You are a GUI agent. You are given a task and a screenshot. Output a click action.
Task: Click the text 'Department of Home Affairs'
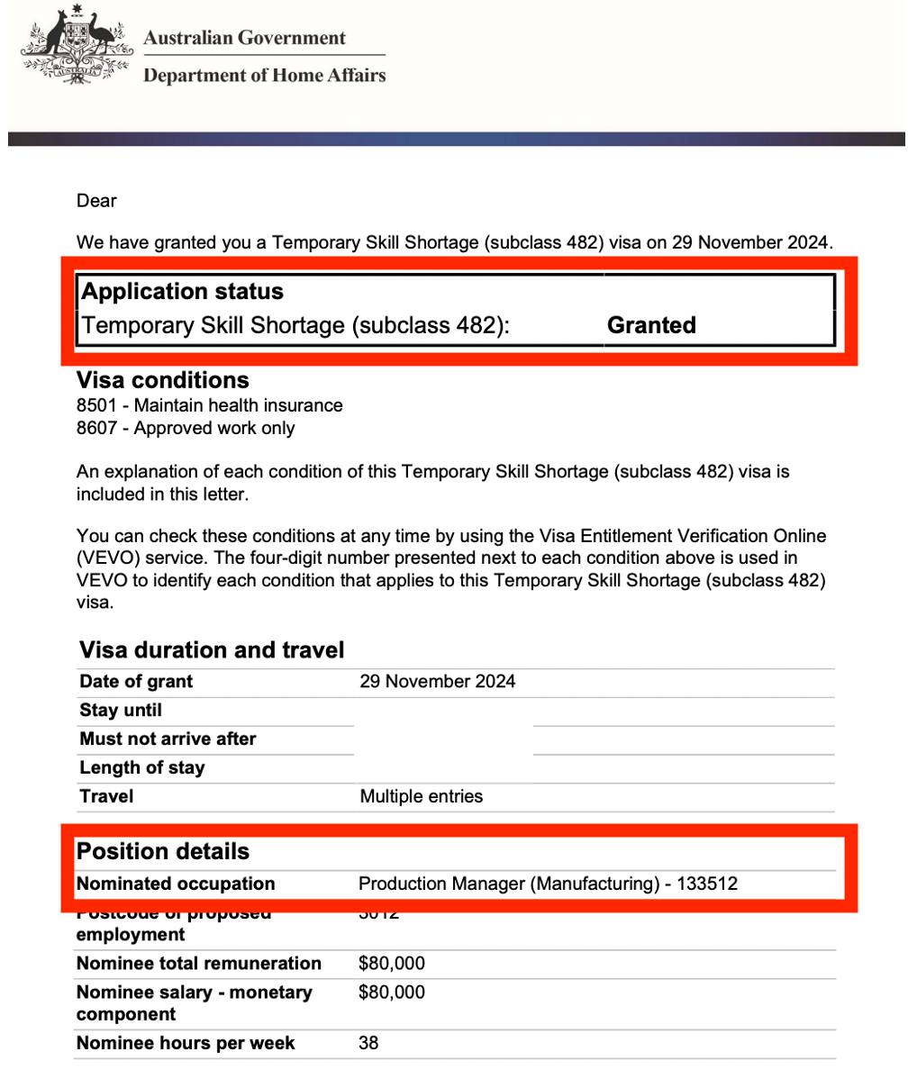(264, 76)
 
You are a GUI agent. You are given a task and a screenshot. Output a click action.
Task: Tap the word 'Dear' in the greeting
(96, 201)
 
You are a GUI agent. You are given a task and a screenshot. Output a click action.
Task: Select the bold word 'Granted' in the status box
(651, 325)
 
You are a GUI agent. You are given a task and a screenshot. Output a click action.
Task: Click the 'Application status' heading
(182, 292)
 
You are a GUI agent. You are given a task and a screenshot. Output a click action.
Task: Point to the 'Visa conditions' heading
(162, 380)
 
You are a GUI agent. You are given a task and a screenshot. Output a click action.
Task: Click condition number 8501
(96, 405)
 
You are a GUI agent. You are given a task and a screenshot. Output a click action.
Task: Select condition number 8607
(96, 428)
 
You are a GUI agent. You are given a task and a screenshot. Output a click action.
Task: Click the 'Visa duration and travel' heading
(212, 650)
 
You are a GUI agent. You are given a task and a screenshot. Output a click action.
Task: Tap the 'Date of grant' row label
(136, 682)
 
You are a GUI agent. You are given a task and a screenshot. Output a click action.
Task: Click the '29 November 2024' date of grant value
(437, 682)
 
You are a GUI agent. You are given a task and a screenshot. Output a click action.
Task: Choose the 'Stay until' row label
(121, 711)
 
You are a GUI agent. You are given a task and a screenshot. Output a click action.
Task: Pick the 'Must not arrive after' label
(168, 739)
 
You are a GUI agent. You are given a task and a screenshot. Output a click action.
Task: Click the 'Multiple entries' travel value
(421, 796)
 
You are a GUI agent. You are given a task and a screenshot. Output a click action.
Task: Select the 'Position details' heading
(163, 852)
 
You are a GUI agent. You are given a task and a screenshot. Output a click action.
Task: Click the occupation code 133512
(707, 884)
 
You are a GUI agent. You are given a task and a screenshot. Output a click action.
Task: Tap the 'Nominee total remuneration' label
(198, 964)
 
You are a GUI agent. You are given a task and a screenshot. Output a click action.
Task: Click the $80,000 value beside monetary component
(391, 993)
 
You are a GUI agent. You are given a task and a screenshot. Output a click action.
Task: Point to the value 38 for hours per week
(368, 1043)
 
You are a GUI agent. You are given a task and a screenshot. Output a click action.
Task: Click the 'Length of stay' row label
(142, 768)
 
